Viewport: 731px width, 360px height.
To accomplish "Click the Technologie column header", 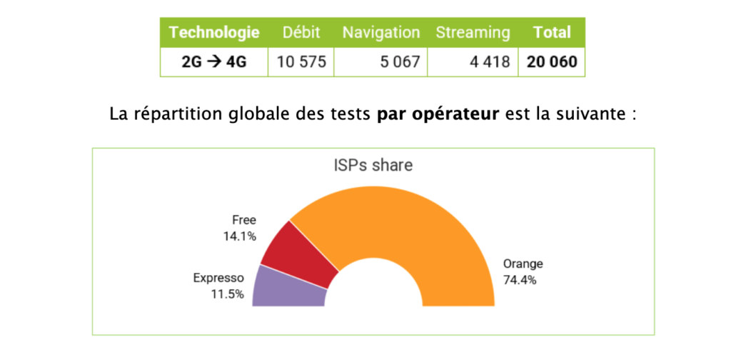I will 214,32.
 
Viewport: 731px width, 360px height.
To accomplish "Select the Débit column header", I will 301,32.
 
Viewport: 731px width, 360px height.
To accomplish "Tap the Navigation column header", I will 380,32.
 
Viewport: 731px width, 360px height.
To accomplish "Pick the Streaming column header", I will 473,32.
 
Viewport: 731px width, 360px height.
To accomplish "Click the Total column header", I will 552,32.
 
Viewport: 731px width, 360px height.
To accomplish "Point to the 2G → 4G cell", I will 214,61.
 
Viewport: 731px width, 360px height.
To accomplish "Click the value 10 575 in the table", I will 301,61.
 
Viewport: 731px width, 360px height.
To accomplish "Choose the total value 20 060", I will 552,61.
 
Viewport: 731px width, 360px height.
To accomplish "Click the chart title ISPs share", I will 373,165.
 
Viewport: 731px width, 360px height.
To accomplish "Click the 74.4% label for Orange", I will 519,280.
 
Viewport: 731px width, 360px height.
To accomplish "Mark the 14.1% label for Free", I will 239,235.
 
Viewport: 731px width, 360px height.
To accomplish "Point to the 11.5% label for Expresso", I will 227,294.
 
